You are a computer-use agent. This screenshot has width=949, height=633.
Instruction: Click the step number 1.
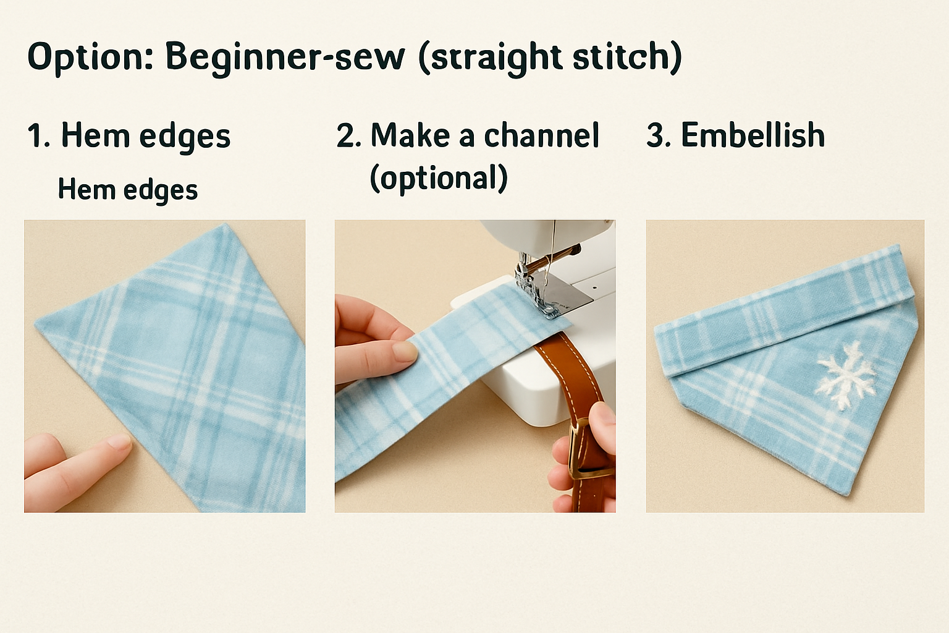(x=38, y=135)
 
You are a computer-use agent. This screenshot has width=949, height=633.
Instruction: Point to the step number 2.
(x=348, y=135)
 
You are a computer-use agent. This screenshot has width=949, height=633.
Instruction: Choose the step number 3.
(x=659, y=135)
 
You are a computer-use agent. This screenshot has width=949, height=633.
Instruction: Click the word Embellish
(x=753, y=135)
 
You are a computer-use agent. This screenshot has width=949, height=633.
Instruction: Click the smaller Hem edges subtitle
(x=127, y=190)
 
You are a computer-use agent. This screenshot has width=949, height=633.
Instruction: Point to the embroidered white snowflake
(x=846, y=376)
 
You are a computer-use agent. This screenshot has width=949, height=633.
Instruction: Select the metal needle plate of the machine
(x=570, y=297)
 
